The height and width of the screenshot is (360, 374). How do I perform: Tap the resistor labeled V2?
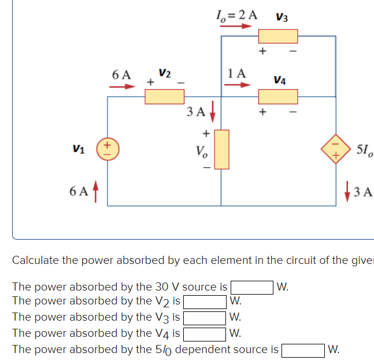tap(165, 97)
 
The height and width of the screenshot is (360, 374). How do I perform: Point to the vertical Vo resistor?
tap(221, 149)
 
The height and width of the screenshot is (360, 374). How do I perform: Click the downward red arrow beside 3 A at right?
tap(347, 189)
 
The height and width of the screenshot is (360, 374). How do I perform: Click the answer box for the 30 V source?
tap(252, 286)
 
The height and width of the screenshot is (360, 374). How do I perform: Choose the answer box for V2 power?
tap(205, 302)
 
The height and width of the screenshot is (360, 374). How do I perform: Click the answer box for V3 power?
tap(205, 317)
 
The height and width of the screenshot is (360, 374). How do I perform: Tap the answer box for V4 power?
tap(205, 333)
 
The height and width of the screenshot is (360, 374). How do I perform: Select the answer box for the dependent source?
tap(302, 350)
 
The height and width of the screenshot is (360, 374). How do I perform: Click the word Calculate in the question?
tap(36, 260)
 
